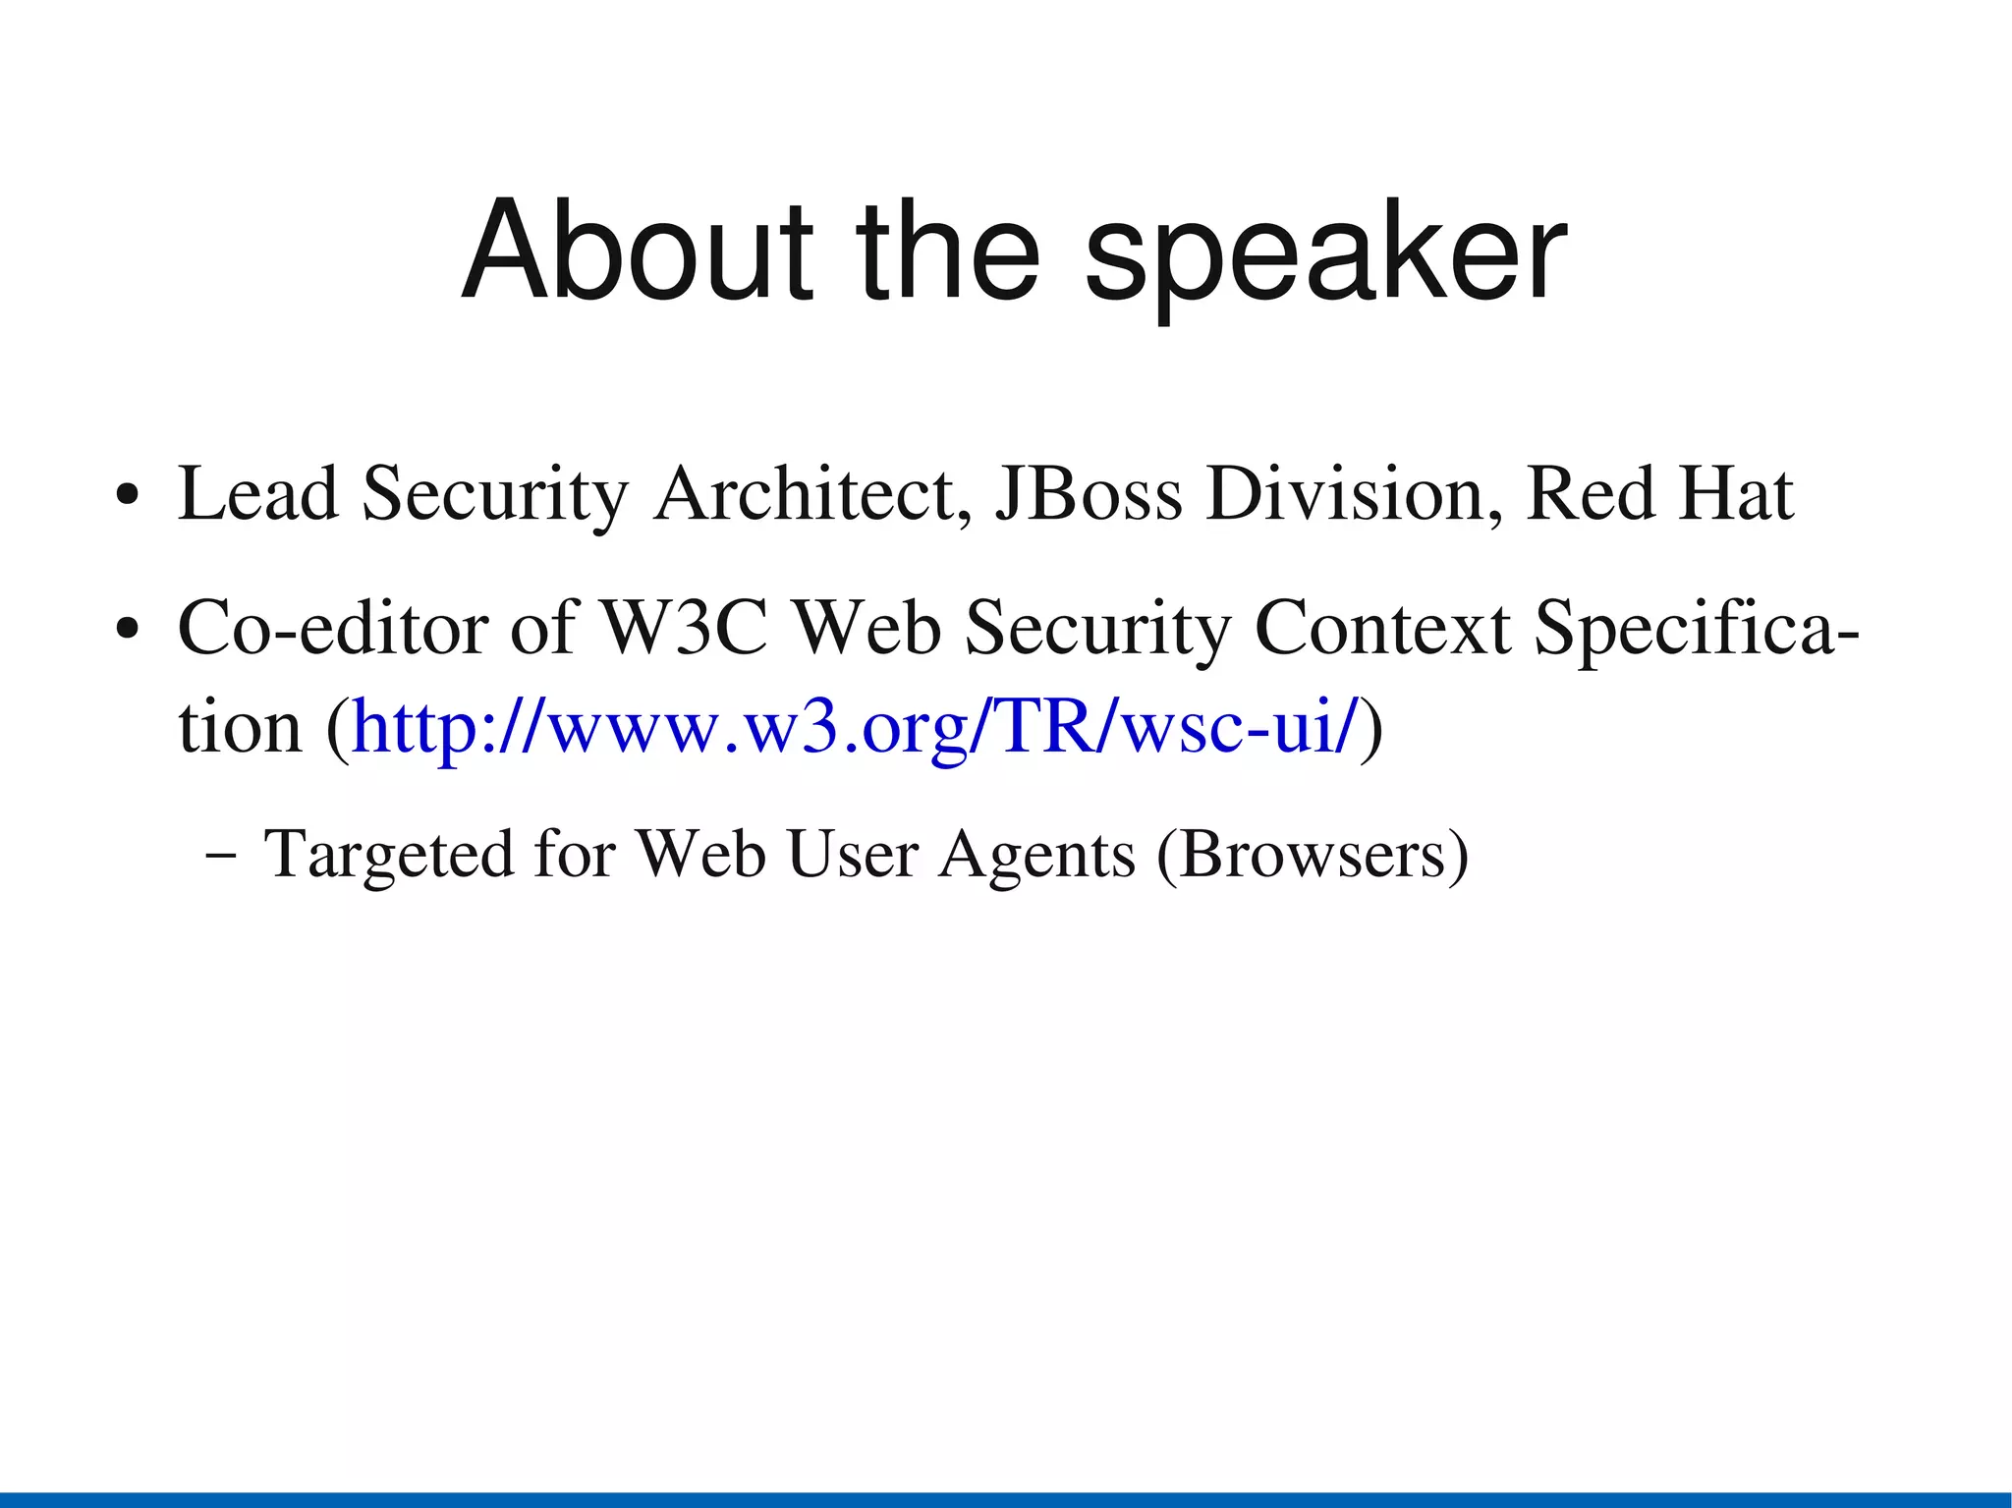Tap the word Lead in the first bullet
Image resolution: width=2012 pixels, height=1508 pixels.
[257, 493]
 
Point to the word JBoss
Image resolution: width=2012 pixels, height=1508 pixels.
[1089, 493]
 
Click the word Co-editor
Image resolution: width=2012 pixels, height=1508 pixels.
[332, 629]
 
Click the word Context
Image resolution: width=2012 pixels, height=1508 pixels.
[1382, 629]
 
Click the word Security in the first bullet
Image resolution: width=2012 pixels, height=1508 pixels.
[494, 493]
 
